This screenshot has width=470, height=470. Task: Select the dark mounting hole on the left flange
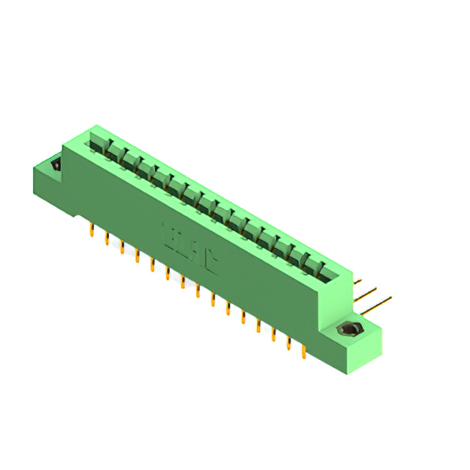coord(56,165)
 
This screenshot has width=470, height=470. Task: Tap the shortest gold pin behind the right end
coord(357,281)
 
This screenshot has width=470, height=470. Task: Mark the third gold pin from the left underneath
coord(122,247)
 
